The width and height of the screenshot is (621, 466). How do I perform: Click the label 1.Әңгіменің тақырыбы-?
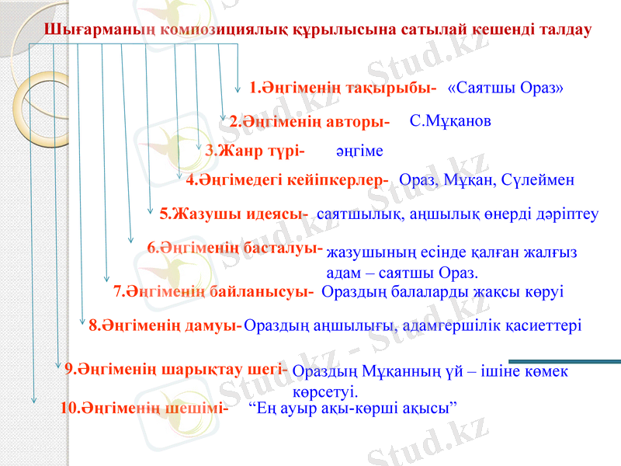[343, 87]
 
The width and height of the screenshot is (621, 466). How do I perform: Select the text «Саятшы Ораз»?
[505, 87]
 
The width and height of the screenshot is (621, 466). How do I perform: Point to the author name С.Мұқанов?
[450, 120]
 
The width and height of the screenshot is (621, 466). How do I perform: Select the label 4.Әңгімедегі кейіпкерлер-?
[287, 180]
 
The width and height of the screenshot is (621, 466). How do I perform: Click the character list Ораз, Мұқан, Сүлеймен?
[487, 180]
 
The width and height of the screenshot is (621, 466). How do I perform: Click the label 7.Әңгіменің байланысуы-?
[213, 292]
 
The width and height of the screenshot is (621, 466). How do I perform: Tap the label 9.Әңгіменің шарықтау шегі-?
[177, 369]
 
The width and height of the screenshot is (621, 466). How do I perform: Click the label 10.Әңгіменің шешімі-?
[144, 406]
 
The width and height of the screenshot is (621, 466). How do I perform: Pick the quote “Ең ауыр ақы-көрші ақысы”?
[352, 406]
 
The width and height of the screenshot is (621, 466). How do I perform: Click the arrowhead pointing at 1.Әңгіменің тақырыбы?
[238, 87]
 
